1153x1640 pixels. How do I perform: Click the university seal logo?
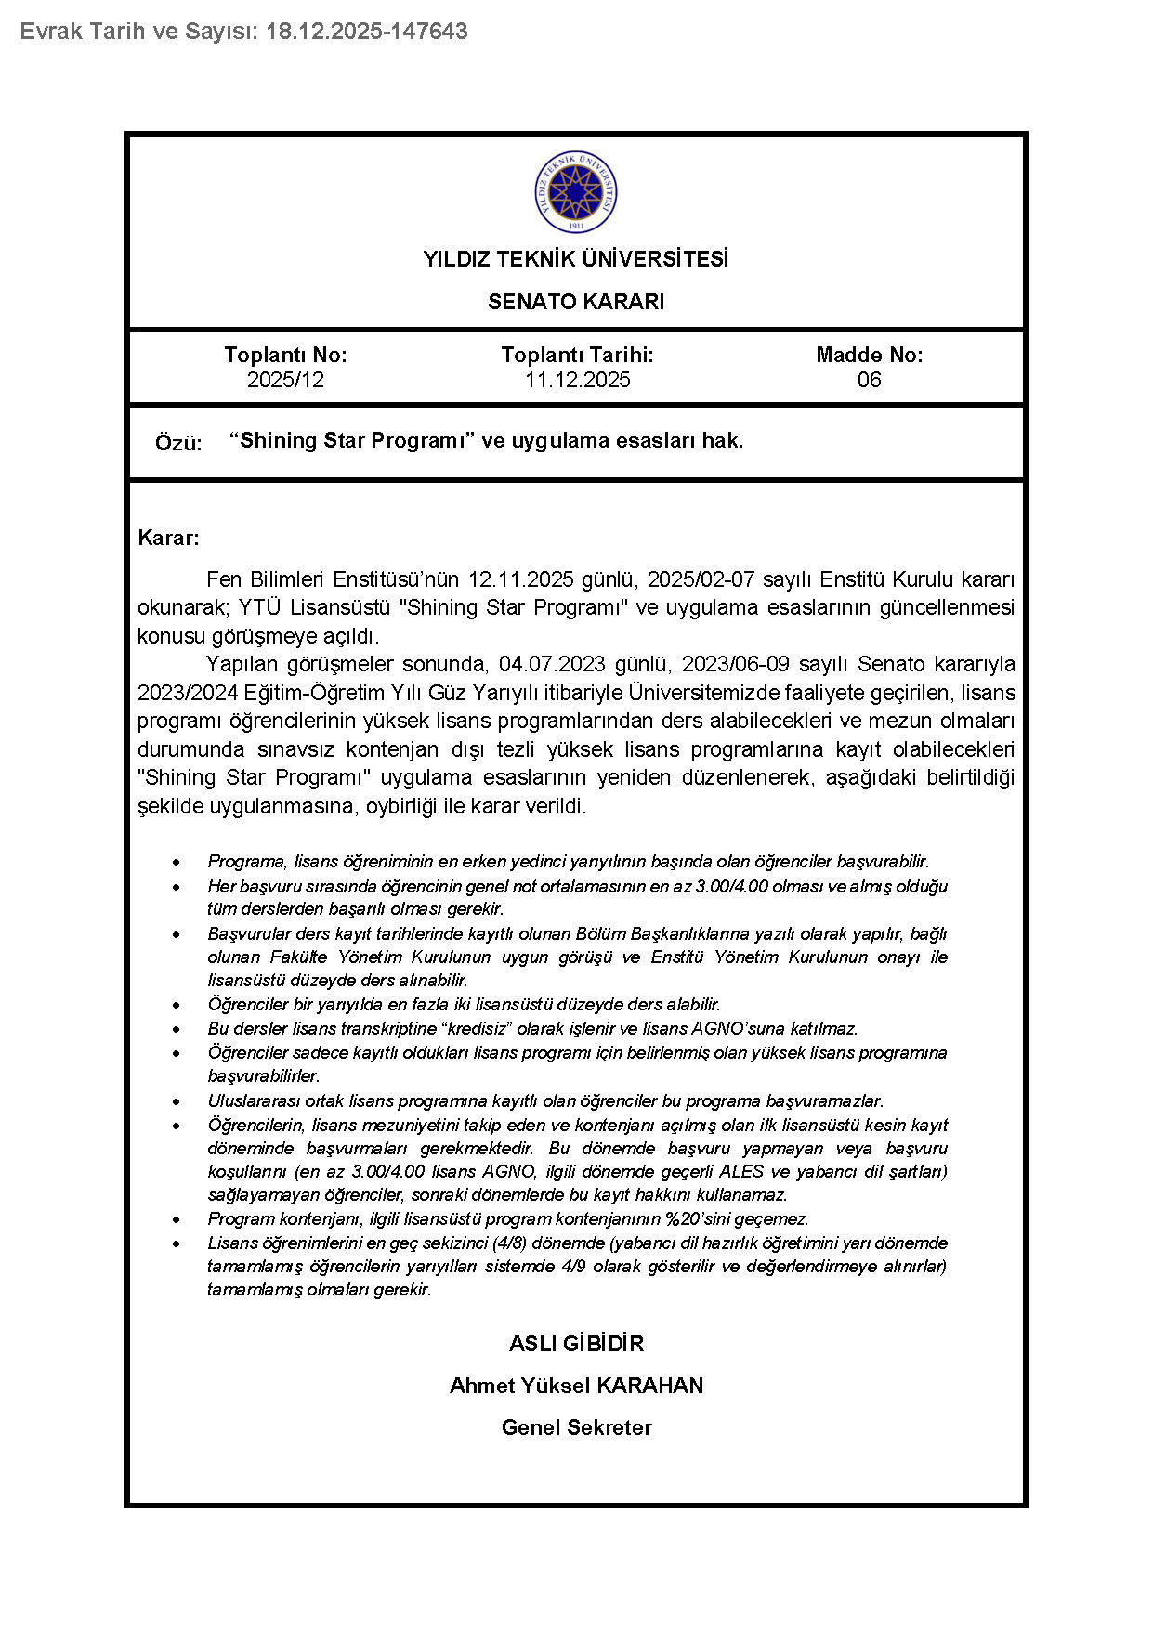[x=576, y=192]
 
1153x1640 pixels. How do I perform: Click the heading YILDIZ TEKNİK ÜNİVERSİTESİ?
[x=576, y=259]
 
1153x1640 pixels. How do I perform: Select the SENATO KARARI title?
[x=576, y=302]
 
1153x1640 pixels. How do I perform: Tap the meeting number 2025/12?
[x=285, y=380]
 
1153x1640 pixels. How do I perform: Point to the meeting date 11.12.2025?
[x=577, y=380]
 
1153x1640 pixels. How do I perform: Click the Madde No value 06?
[x=869, y=380]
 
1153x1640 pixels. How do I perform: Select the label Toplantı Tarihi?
[x=577, y=355]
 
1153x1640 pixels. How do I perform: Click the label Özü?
[x=178, y=443]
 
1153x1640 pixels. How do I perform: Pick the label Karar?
[x=168, y=538]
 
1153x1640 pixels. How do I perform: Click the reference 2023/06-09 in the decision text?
[x=736, y=664]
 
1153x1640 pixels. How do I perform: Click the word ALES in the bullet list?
[x=741, y=1171]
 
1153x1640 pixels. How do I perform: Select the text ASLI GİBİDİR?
[x=576, y=1344]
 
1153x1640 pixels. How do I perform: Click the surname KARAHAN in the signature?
[x=649, y=1386]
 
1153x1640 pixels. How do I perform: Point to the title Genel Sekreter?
[x=576, y=1427]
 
